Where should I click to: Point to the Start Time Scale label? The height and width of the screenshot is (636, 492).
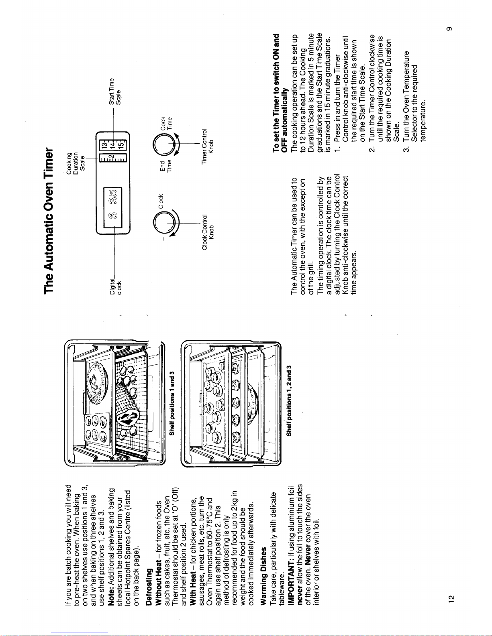396,91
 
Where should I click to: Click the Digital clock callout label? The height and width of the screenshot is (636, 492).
116,286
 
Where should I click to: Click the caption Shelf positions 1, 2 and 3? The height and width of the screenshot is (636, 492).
288,400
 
